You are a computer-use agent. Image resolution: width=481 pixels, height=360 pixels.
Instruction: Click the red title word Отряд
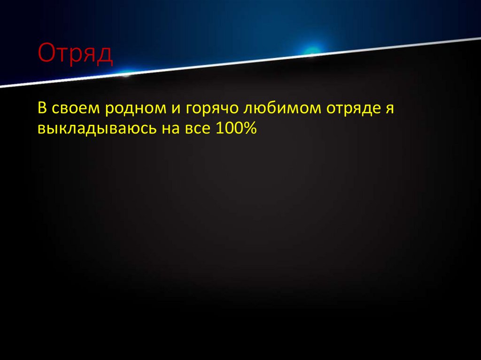tap(75, 54)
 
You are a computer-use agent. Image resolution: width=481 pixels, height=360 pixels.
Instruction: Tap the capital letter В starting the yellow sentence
tap(42, 108)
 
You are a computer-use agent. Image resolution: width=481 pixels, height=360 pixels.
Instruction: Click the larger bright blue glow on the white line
tap(311, 50)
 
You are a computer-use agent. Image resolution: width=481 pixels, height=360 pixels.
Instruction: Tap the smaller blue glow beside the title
tap(127, 73)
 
